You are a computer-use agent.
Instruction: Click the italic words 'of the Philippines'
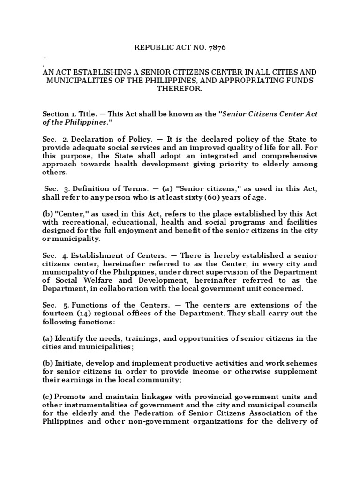point(77,122)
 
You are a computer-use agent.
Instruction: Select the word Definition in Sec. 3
point(93,189)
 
